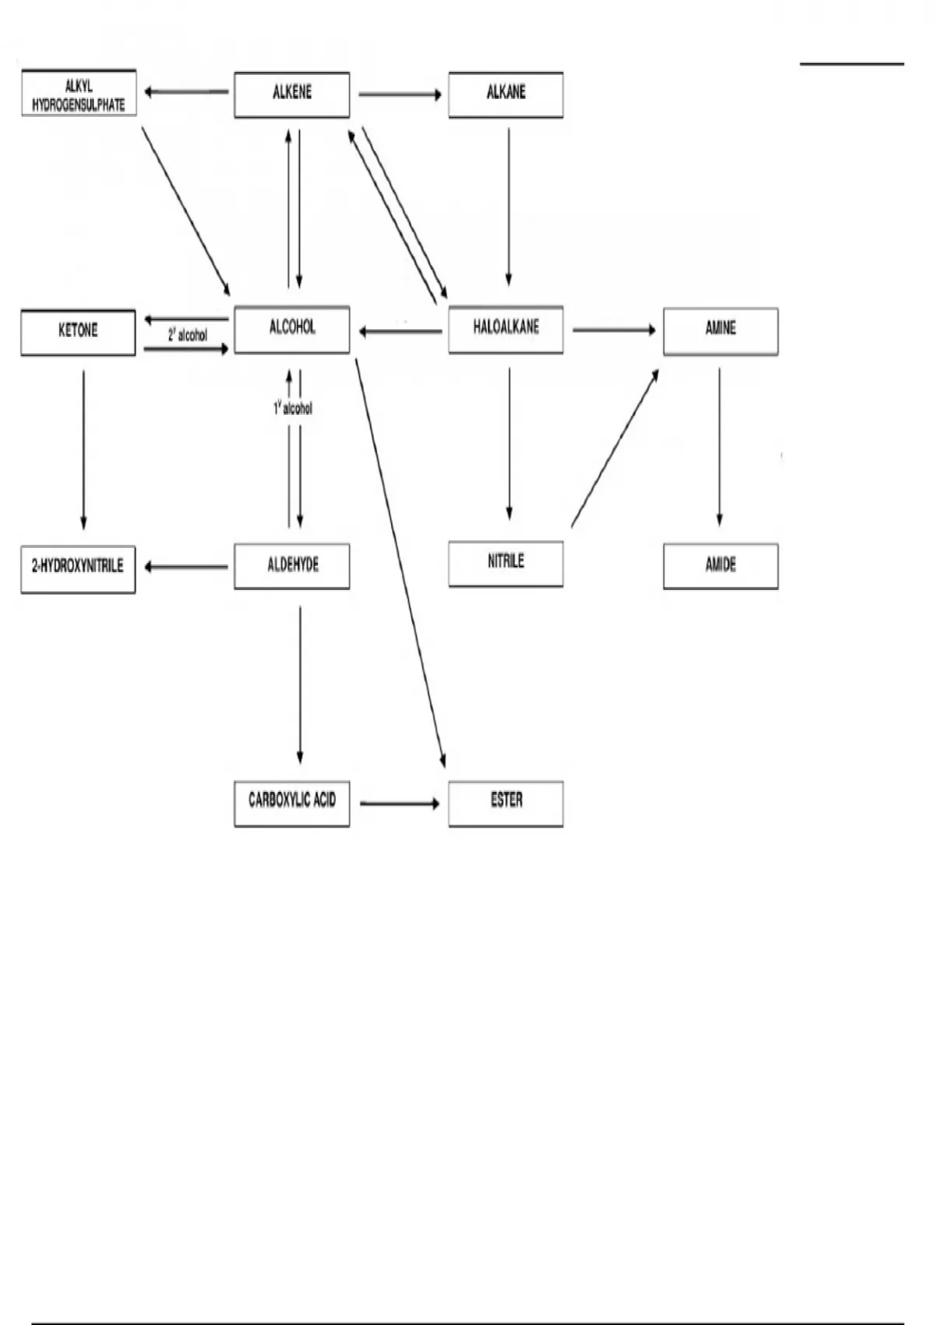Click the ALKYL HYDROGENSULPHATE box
[x=79, y=94]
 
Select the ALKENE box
[x=292, y=94]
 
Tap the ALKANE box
[x=506, y=94]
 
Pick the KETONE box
[x=78, y=331]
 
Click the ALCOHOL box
[x=292, y=329]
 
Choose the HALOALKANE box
[x=506, y=329]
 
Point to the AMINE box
[x=721, y=330]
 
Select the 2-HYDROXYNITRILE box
[x=78, y=568]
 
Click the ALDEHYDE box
[x=292, y=566]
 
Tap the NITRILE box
[x=506, y=564]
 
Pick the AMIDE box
[x=721, y=566]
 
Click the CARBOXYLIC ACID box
[x=292, y=803]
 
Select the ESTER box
[x=506, y=803]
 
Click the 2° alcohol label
[x=188, y=335]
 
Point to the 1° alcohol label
[x=293, y=408]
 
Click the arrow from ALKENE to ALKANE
[x=400, y=94]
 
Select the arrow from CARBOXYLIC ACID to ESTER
[x=400, y=803]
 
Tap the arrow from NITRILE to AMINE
[x=615, y=449]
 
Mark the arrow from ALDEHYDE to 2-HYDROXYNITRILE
[x=186, y=567]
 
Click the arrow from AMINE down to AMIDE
[x=719, y=447]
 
